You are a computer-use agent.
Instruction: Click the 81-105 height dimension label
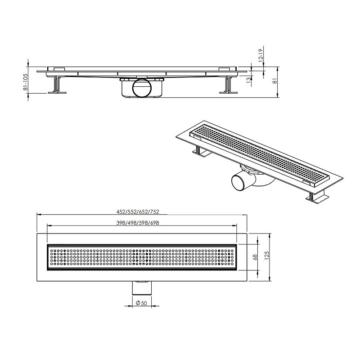[x=26, y=82]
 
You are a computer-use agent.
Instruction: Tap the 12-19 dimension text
[x=261, y=55]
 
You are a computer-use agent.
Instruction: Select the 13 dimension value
[x=249, y=80]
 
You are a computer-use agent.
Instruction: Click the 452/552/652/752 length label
[x=138, y=211]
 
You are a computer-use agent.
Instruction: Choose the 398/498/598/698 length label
[x=138, y=223]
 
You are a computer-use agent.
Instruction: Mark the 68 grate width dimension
[x=255, y=257]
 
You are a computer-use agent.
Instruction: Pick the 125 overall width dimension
[x=266, y=256]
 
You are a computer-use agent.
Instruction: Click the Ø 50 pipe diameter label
[x=141, y=303]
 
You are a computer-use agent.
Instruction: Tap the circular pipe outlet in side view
[x=142, y=88]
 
